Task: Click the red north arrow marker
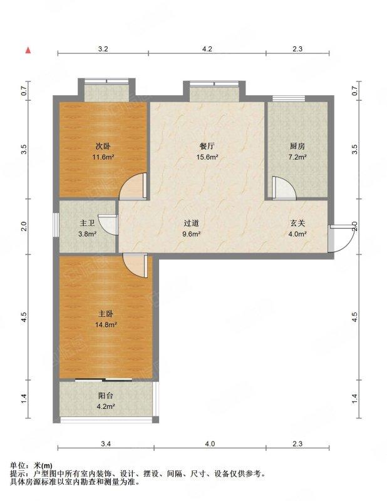28,50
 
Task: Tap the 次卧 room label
103,147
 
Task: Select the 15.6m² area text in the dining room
207,157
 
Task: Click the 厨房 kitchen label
297,147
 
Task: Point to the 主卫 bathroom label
87,223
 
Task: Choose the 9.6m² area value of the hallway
192,234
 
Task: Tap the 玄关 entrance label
297,223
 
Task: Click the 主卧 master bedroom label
105,314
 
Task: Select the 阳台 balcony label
105,396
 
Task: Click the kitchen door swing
284,188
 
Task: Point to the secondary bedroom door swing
133,186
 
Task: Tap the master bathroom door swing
108,225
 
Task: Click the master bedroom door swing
135,266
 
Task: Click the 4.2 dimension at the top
207,49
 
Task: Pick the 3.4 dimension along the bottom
106,444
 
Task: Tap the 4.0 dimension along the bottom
210,444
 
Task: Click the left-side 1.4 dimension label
24,399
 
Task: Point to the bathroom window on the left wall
56,225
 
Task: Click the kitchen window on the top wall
289,98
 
